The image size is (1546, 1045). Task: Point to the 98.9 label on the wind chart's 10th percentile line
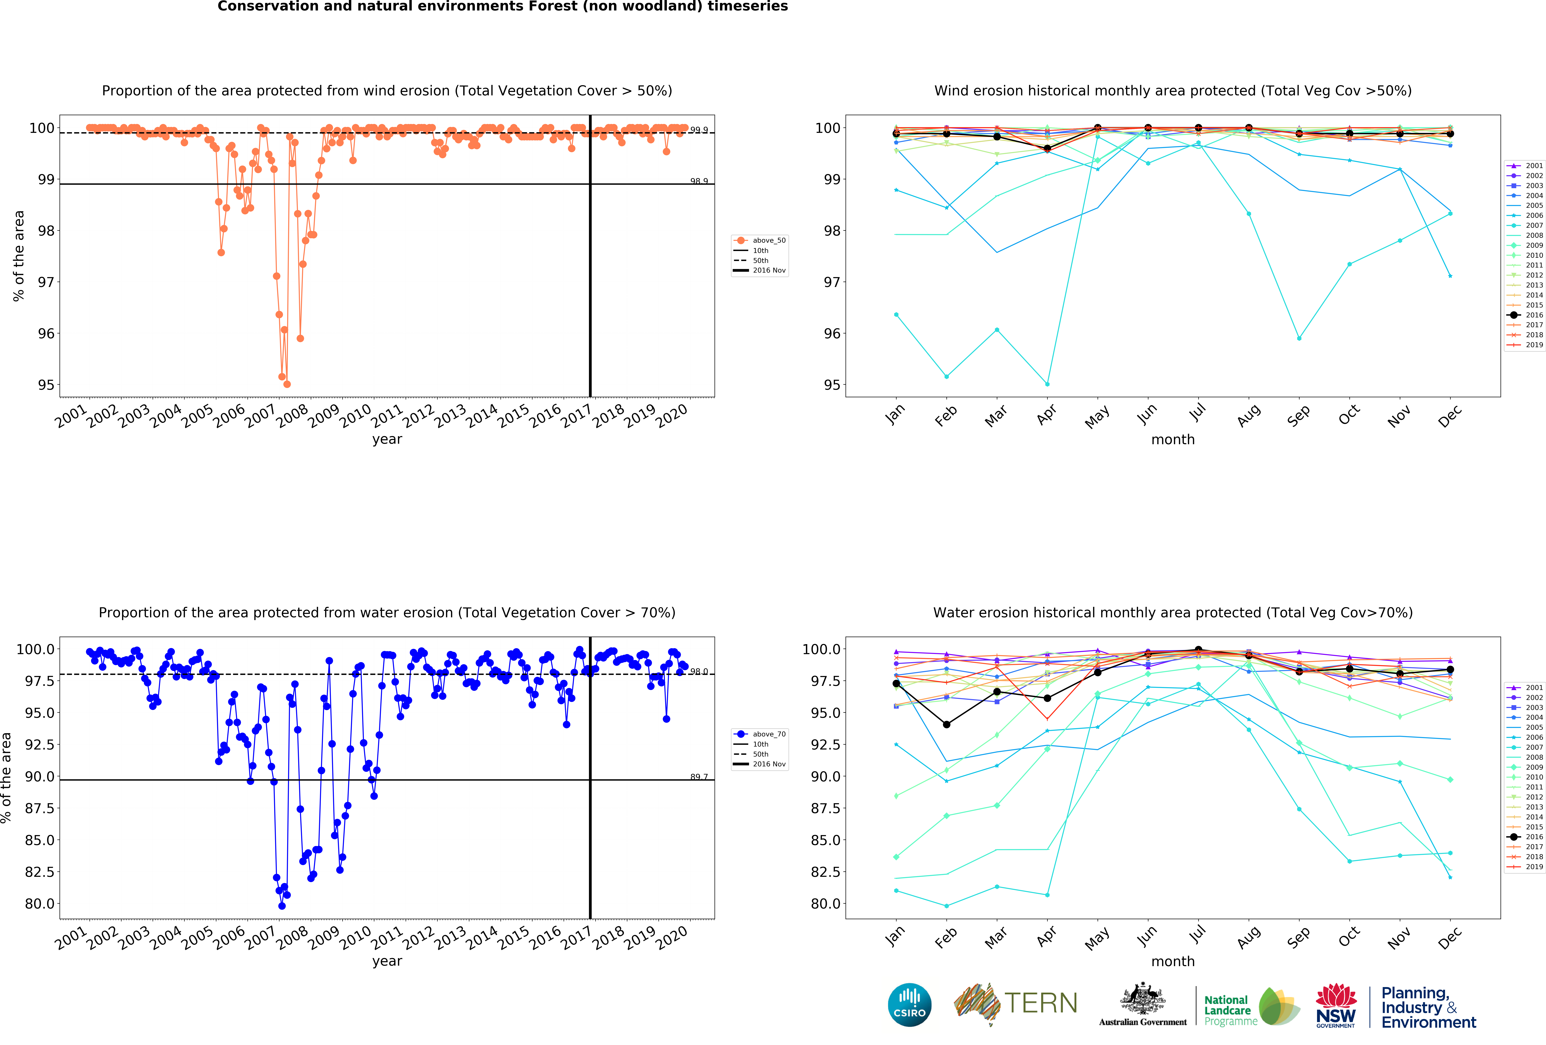click(699, 181)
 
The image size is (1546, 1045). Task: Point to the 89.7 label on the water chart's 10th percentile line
click(699, 777)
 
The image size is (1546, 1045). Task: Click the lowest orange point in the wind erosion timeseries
click(287, 384)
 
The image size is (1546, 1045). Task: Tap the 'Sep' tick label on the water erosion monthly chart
click(1298, 937)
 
